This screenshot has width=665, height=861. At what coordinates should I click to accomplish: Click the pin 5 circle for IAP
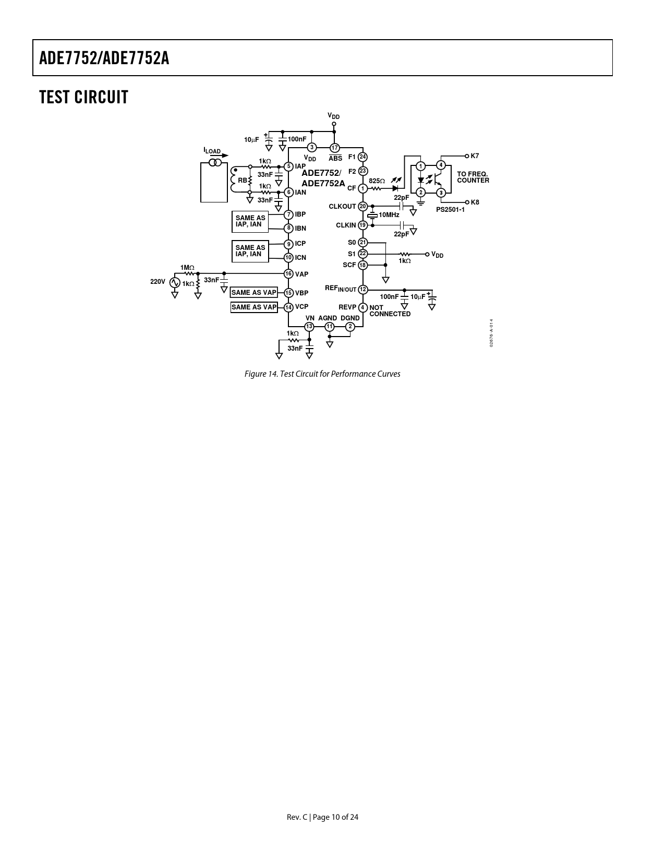(289, 166)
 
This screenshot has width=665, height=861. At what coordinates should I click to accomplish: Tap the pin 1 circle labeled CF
(363, 188)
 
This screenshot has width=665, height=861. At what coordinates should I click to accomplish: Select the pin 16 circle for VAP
(289, 274)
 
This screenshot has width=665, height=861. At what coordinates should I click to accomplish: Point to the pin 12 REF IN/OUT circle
(363, 290)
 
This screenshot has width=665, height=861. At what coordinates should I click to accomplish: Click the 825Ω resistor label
(377, 181)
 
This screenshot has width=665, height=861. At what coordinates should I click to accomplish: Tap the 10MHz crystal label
(389, 215)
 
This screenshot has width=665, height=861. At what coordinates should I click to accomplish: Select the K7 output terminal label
(475, 156)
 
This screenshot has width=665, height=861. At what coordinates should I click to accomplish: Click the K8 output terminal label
(475, 202)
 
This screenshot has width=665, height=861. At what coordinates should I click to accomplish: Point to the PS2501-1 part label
(450, 210)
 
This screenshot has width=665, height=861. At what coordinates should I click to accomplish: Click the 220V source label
(158, 282)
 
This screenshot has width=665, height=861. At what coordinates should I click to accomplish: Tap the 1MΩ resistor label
(187, 268)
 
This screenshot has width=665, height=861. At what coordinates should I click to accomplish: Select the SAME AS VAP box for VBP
(254, 292)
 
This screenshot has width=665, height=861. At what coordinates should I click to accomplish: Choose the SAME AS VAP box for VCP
(254, 307)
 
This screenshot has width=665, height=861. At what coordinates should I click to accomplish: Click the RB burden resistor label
(243, 180)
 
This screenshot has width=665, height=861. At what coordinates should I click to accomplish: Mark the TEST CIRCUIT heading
(84, 98)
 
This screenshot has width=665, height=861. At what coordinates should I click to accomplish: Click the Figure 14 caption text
(322, 374)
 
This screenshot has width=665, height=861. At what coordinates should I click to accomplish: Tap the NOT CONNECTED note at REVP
(390, 310)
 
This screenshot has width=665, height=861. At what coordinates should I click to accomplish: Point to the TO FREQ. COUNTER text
(473, 177)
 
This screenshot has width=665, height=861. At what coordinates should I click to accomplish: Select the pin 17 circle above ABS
(335, 148)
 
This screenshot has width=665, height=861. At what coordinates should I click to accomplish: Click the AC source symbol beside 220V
(175, 282)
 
